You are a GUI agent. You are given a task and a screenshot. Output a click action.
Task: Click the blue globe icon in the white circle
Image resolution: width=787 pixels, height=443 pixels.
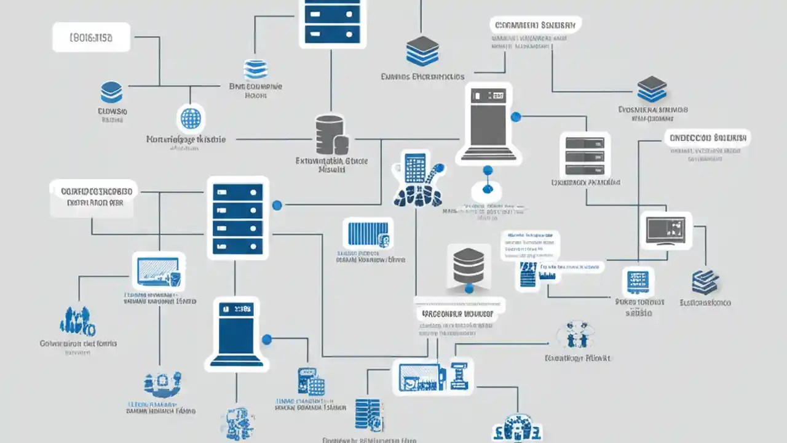point(190,118)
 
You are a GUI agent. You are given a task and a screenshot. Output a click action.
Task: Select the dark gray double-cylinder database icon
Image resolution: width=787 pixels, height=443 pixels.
point(331,135)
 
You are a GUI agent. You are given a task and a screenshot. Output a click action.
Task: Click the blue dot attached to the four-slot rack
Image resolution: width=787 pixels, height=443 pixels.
point(277,205)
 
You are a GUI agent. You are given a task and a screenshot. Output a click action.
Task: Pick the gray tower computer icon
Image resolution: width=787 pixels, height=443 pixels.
point(486,122)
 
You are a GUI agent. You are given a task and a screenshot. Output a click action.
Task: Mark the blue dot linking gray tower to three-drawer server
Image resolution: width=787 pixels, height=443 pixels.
point(516,116)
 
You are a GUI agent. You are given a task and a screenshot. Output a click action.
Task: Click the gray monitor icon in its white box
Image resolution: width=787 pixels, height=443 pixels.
point(665,230)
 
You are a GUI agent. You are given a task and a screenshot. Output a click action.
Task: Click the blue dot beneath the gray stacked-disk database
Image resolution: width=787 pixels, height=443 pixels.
point(469,289)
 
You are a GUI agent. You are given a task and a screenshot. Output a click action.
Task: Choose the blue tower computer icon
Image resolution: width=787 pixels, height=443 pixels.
point(237,333)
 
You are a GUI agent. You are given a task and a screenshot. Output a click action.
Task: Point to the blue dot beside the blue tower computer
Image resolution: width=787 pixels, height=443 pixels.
point(267,339)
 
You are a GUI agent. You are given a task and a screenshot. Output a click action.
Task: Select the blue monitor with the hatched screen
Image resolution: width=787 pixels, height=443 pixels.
point(159,271)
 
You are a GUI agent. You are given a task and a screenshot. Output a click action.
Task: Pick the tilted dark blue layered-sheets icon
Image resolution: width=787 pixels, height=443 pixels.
point(705,282)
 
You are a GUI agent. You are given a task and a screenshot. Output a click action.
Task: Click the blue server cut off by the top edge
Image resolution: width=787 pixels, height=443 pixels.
point(332,21)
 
